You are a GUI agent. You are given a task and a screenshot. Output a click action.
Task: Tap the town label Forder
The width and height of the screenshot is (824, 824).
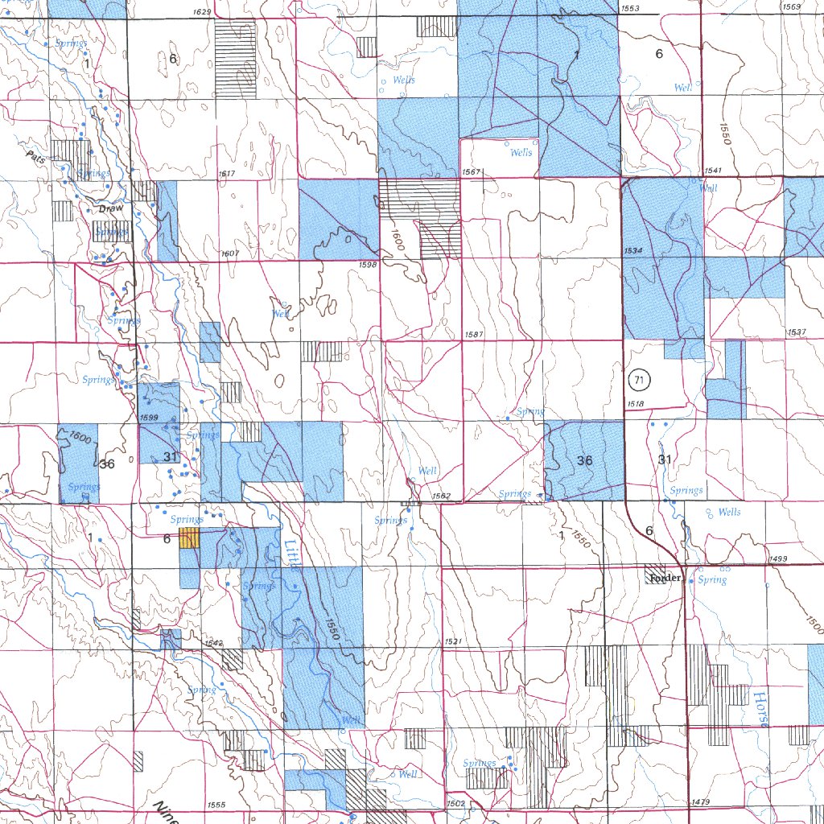click(666, 578)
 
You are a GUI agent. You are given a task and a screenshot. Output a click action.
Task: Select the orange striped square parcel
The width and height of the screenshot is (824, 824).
click(189, 538)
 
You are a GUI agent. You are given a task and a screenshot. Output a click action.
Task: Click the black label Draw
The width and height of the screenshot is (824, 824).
click(112, 208)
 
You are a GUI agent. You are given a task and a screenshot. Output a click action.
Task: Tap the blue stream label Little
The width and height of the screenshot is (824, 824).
click(291, 553)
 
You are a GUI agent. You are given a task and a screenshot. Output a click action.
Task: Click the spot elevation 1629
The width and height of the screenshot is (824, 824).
click(203, 12)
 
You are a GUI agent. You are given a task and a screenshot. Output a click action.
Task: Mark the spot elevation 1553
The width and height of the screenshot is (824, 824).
click(630, 7)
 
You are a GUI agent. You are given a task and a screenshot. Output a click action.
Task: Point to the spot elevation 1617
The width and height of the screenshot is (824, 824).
click(227, 174)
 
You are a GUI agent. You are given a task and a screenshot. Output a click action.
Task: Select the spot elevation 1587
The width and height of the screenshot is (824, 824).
click(474, 334)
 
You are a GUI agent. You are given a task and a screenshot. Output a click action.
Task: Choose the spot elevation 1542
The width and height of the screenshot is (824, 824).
click(212, 643)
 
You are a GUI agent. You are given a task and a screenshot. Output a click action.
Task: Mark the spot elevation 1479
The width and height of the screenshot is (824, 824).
click(701, 802)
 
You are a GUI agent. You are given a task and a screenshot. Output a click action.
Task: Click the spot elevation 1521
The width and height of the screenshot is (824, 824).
click(453, 641)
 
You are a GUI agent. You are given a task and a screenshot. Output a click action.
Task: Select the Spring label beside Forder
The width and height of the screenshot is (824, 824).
click(712, 579)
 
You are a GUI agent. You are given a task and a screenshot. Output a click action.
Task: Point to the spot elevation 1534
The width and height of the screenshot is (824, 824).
click(633, 252)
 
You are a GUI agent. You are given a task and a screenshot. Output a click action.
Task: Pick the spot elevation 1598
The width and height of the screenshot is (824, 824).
click(368, 264)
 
